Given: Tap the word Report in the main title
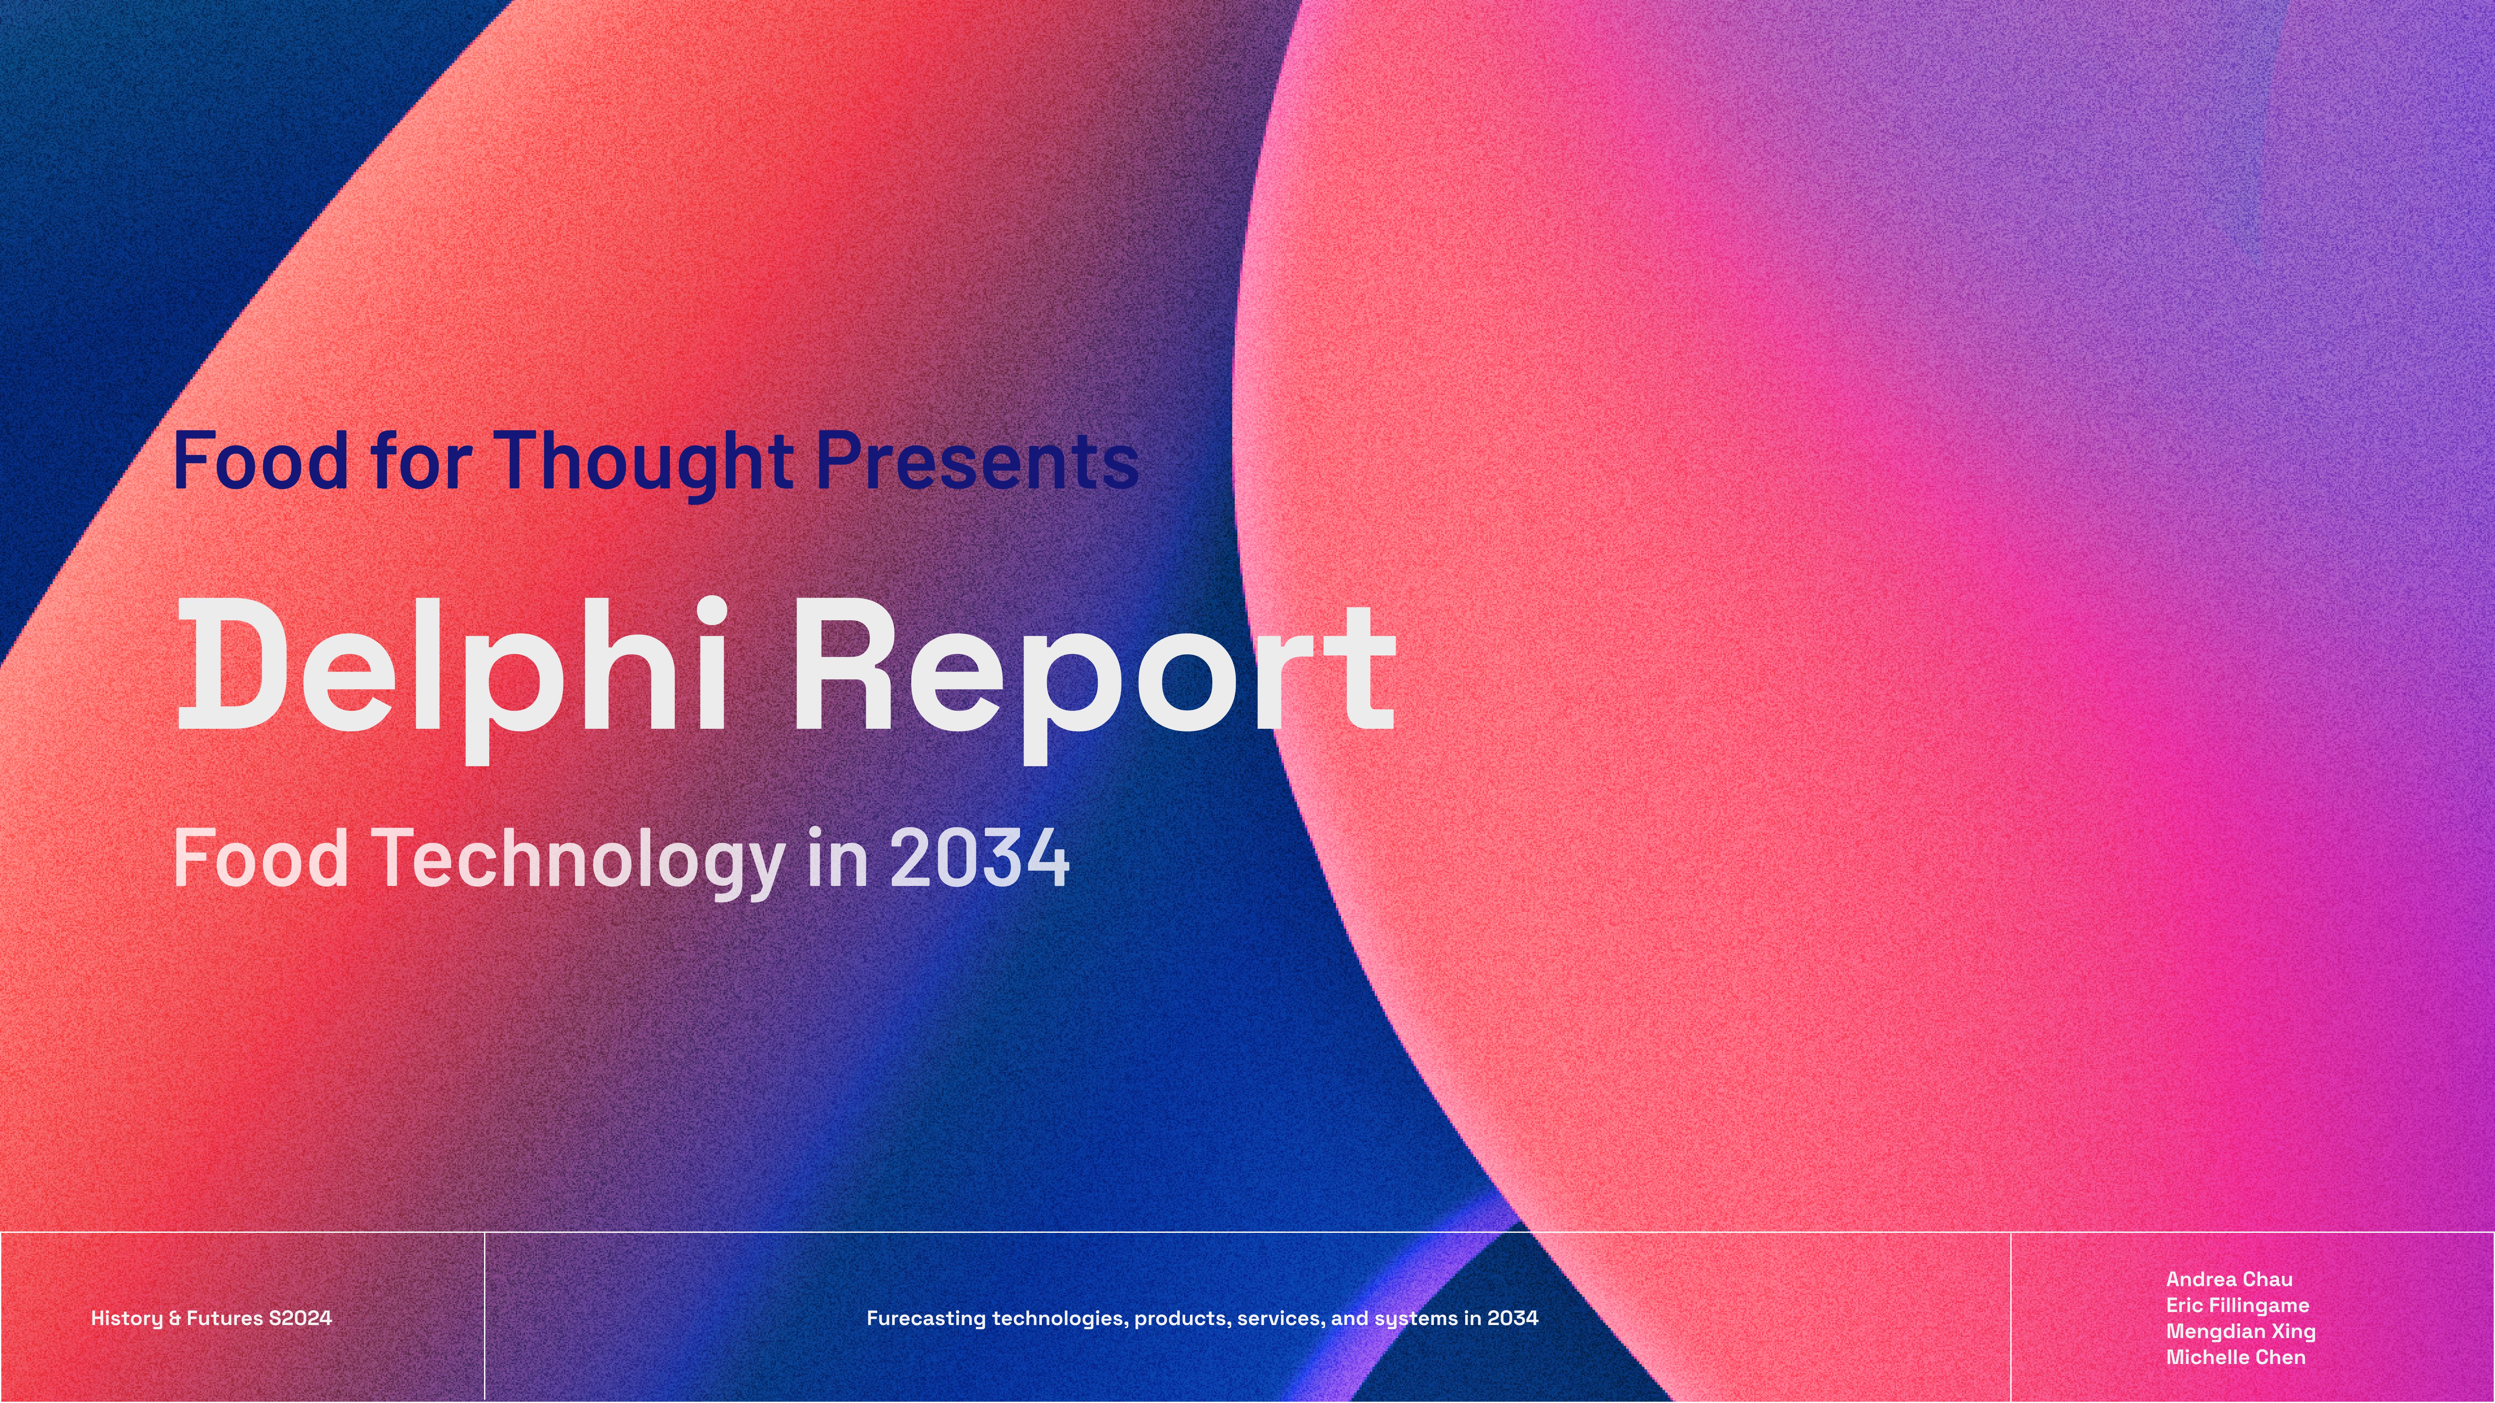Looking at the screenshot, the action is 1094,678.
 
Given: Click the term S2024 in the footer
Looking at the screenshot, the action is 300,1318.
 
